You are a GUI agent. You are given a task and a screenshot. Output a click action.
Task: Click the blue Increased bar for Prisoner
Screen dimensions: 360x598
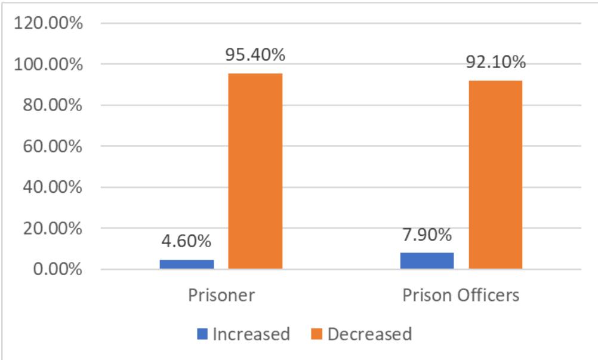point(187,264)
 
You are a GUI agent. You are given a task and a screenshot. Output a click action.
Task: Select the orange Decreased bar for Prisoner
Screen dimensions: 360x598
point(255,171)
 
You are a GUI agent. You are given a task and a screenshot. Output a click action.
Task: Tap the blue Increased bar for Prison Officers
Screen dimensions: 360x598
point(427,261)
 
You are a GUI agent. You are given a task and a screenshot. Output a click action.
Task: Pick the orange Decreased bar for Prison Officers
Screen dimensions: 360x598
point(495,175)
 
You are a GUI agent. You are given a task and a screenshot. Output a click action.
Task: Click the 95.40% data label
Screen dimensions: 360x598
point(255,55)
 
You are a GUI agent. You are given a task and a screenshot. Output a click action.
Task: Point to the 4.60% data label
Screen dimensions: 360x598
point(186,242)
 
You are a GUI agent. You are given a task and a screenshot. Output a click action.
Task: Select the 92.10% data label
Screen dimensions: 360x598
point(496,62)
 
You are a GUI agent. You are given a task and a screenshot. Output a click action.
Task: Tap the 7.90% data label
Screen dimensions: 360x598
point(426,235)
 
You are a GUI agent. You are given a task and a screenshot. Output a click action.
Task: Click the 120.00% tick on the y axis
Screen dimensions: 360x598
point(50,24)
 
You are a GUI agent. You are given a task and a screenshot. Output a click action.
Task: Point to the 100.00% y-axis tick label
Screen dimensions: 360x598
point(50,64)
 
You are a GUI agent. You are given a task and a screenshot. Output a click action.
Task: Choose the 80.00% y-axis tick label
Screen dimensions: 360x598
point(54,106)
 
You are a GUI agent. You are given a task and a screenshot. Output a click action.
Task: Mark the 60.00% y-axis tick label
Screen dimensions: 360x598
point(54,146)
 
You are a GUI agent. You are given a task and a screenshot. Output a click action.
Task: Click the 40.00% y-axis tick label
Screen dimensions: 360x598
point(54,187)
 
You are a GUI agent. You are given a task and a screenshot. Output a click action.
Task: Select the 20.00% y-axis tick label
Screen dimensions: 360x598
point(54,229)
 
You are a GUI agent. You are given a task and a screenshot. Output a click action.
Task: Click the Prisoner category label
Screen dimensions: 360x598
point(221,296)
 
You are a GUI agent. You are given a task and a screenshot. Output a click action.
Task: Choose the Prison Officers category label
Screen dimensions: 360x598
point(461,296)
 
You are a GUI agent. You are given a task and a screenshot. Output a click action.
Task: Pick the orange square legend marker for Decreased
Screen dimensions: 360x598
point(317,334)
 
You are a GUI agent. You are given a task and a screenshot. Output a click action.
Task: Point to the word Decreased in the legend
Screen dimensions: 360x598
point(370,334)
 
